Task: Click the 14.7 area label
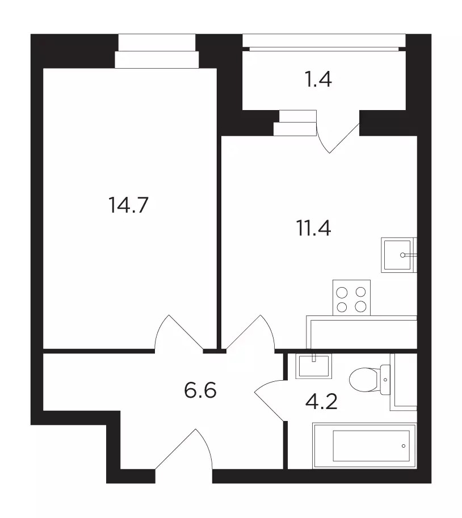pyautogui.click(x=128, y=205)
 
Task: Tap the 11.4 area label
pyautogui.click(x=313, y=228)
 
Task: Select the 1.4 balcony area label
pyautogui.click(x=318, y=79)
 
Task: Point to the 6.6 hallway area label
pyautogui.click(x=200, y=390)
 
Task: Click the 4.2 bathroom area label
pyautogui.click(x=321, y=402)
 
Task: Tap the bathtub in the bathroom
pyautogui.click(x=364, y=445)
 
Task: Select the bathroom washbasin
pyautogui.click(x=314, y=366)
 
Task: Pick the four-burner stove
pyautogui.click(x=351, y=298)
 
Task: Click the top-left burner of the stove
pyautogui.click(x=342, y=292)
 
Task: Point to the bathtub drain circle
pyautogui.click(x=404, y=446)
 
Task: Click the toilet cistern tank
pyautogui.click(x=385, y=380)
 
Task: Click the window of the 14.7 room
pyautogui.click(x=157, y=50)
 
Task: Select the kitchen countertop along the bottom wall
pyautogui.click(x=362, y=332)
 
